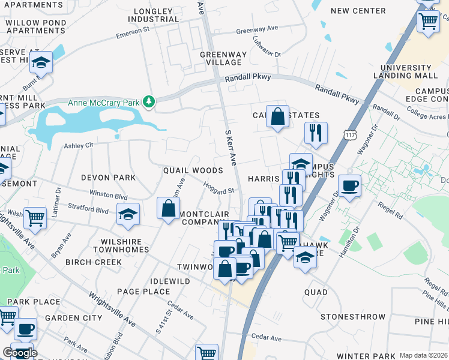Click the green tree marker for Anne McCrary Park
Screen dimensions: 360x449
tap(149, 103)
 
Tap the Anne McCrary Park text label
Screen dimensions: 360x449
tap(104, 103)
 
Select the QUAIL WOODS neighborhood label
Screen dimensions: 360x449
tap(193, 171)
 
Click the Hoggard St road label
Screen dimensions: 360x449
tap(218, 188)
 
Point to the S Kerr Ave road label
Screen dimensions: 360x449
tap(231, 147)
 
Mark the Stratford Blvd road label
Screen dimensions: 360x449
tap(90, 211)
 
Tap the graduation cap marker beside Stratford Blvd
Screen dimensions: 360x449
tap(128, 215)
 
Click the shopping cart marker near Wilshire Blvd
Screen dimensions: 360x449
tap(35, 218)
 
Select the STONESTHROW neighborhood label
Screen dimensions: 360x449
tap(352, 316)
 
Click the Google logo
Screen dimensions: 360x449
tap(20, 352)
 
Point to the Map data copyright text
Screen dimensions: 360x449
tap(423, 355)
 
